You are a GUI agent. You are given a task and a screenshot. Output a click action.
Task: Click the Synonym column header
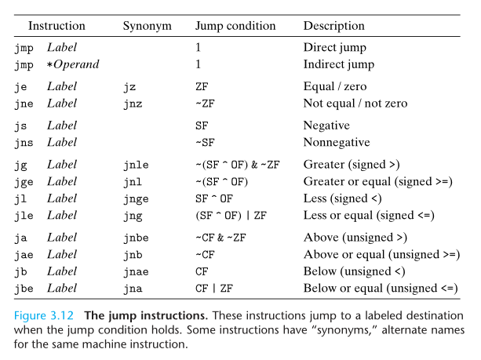[x=148, y=27]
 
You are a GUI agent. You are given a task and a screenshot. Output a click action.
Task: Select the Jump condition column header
[x=235, y=27]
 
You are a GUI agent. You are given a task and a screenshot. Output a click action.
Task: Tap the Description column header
[x=334, y=27]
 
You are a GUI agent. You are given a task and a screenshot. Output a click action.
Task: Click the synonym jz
[x=129, y=87]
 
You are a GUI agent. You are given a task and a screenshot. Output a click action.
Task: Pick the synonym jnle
[x=136, y=165]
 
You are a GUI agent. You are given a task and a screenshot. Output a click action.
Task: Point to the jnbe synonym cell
[x=136, y=238]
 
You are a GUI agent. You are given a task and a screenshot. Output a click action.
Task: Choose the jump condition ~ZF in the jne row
[x=205, y=104]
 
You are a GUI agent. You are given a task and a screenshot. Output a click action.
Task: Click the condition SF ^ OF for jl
[x=214, y=198]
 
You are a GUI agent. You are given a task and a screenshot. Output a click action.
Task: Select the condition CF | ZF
[x=214, y=289]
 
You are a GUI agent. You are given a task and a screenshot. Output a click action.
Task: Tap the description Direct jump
[x=335, y=48]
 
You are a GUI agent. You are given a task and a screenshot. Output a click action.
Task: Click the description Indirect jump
[x=339, y=64]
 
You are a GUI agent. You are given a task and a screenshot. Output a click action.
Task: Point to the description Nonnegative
[x=337, y=142]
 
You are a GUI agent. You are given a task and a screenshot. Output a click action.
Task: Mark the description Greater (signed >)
[x=352, y=165]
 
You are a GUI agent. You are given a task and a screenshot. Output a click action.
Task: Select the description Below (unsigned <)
[x=355, y=271]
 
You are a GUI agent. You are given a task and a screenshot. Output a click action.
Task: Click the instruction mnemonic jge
[x=24, y=183]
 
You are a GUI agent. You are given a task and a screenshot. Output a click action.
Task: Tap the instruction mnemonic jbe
[x=24, y=289]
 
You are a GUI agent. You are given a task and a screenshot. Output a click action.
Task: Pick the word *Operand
[x=73, y=64]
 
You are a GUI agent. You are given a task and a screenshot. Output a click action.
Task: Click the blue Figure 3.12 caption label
[x=44, y=316]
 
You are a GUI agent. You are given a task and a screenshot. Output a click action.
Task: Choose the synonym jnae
[x=136, y=272]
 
